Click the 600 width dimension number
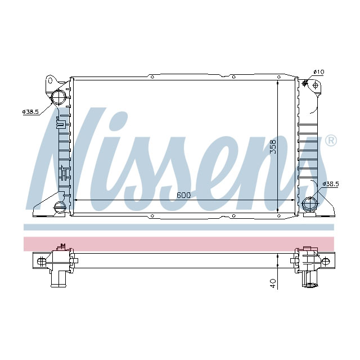183,195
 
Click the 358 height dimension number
272,147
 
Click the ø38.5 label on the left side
30,112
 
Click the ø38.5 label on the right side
330,184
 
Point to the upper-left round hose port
58,97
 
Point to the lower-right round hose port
310,204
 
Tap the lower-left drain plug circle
57,208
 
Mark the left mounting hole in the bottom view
40,260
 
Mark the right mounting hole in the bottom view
325,260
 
